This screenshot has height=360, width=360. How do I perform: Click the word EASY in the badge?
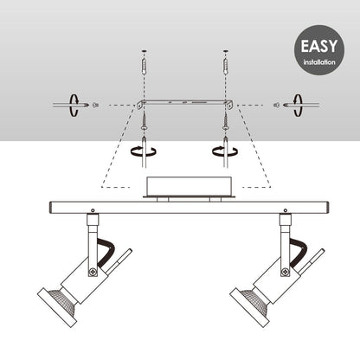pyautogui.click(x=319, y=46)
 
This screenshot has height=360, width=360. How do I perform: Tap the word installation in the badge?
pyautogui.click(x=319, y=62)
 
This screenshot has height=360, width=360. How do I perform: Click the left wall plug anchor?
pyautogui.click(x=145, y=66)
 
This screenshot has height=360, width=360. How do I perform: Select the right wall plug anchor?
pyautogui.click(x=226, y=66)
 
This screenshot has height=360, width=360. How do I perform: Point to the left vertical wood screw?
pyautogui.click(x=145, y=122)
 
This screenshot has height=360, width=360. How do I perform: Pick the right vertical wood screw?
pyautogui.click(x=226, y=122)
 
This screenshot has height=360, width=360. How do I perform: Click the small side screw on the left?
pyautogui.click(x=95, y=106)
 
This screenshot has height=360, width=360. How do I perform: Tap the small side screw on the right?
pyautogui.click(x=276, y=106)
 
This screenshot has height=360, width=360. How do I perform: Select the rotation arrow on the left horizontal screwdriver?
pyautogui.click(x=74, y=106)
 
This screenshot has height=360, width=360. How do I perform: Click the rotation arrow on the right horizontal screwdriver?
pyautogui.click(x=298, y=106)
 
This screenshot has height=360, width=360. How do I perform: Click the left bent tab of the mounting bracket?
pyautogui.click(x=140, y=105)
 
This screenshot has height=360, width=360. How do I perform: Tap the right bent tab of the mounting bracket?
pyautogui.click(x=230, y=105)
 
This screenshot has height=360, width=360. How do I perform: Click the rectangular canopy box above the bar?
pyautogui.click(x=189, y=186)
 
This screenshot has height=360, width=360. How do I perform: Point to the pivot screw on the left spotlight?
pyautogui.click(x=93, y=272)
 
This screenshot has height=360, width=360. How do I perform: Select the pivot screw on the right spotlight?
pyautogui.click(x=286, y=272)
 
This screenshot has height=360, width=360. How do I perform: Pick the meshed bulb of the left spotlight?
pyautogui.click(x=62, y=301)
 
